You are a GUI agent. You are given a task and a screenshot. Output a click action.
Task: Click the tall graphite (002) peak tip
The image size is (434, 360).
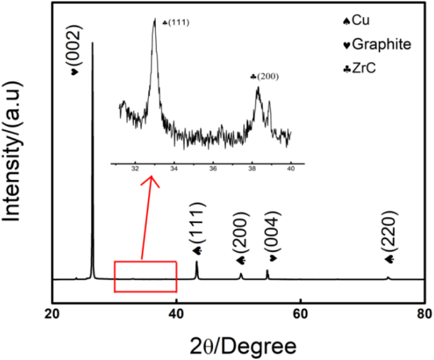pyautogui.click(x=92, y=43)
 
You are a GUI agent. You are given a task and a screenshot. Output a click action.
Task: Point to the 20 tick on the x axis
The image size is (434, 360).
pyautogui.click(x=52, y=314)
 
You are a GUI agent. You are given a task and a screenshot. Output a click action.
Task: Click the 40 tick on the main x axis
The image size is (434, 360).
pyautogui.click(x=176, y=314)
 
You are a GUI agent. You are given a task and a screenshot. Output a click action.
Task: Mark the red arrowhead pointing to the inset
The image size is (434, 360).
pyautogui.click(x=151, y=179)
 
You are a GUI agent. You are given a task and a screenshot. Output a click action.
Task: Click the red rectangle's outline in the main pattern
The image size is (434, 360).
pyautogui.click(x=145, y=262)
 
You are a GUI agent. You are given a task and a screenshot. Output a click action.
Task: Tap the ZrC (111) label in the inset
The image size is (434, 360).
pyautogui.click(x=176, y=23)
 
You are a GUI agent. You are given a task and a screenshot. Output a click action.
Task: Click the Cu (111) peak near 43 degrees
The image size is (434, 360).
pyautogui.click(x=197, y=263)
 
